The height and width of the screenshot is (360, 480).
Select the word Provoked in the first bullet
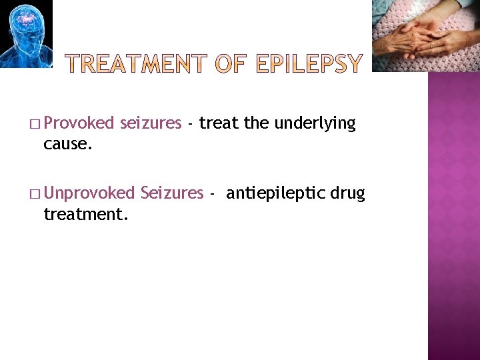(82, 123)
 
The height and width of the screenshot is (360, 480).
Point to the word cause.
(67, 143)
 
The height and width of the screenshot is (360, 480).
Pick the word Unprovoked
(91, 193)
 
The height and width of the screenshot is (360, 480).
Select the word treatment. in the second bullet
(86, 214)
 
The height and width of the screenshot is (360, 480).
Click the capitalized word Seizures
(172, 193)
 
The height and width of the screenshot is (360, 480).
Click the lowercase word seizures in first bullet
(151, 123)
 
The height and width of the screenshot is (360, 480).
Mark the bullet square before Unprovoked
(34, 195)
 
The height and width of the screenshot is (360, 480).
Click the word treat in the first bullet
(219, 123)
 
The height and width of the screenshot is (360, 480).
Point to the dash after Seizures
(212, 194)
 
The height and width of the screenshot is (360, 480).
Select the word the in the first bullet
(257, 123)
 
